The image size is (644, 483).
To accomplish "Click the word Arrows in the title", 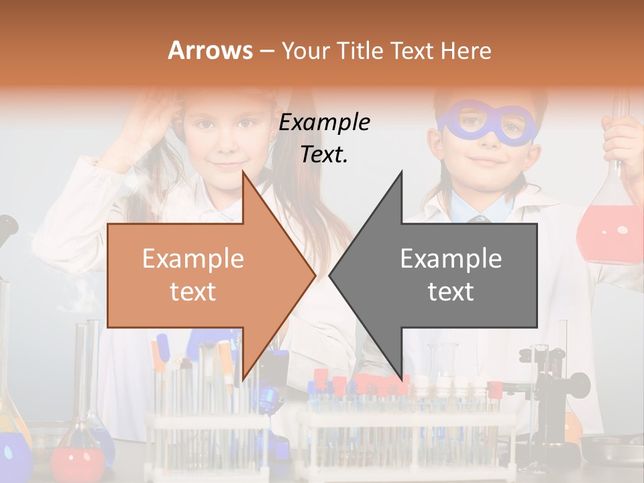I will point(210,50).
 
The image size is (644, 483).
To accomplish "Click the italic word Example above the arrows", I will point(325,123).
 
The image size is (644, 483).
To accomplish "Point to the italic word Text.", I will point(325,155).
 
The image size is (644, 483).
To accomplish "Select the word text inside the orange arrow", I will point(193,292).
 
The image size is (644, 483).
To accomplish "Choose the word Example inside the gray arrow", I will point(451,259).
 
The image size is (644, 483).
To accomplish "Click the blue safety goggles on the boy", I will point(488,125).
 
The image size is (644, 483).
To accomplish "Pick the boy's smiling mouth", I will point(486,162).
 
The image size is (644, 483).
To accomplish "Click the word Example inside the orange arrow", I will point(193,259).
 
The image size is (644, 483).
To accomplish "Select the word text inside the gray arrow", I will point(451,292).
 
